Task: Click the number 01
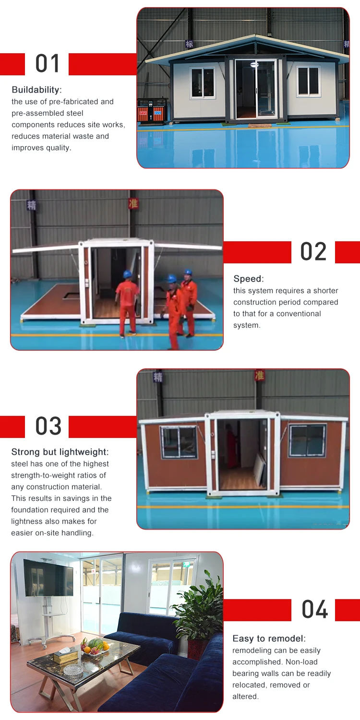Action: tap(48, 64)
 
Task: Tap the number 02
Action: tap(313, 252)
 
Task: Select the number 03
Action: tap(48, 426)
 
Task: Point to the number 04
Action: tap(314, 610)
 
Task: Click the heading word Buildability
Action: tap(36, 90)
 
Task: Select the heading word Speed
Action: tap(247, 279)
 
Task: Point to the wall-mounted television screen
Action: tap(48, 578)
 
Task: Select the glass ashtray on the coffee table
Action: tap(73, 670)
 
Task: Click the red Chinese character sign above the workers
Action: tap(133, 203)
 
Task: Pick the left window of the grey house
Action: tap(203, 83)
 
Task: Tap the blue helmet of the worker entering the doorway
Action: tap(128, 274)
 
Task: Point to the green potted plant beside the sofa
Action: tap(196, 601)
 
